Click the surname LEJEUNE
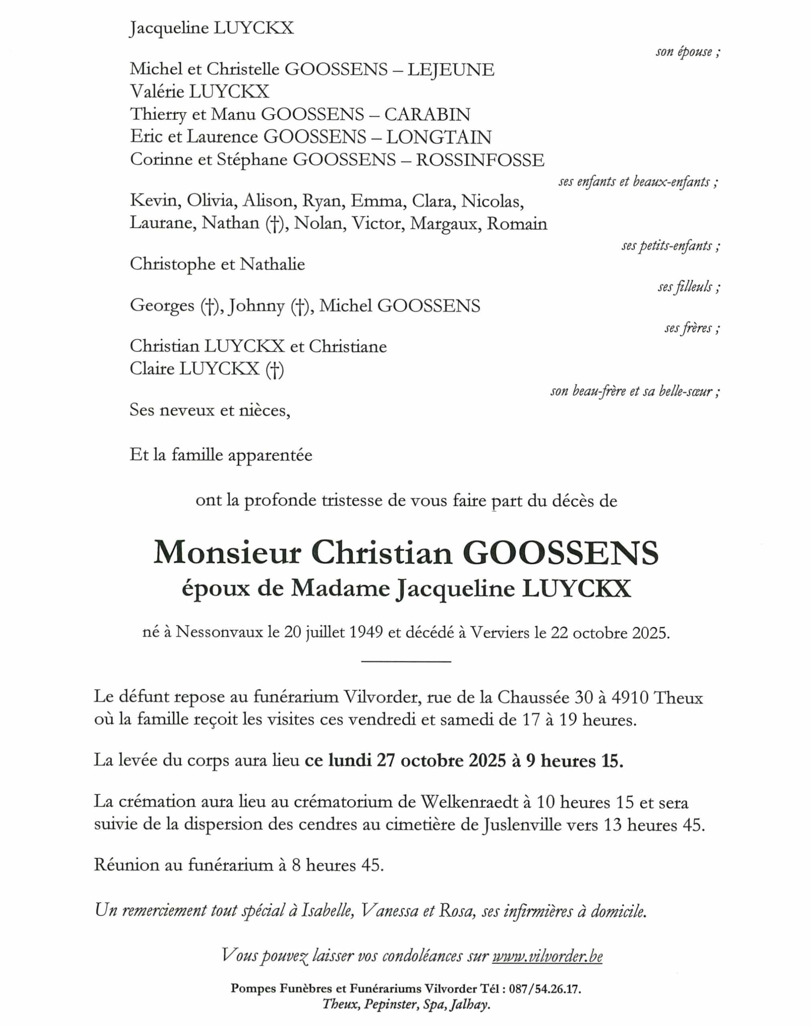point(451,70)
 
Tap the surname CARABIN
point(427,114)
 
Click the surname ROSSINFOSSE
point(480,160)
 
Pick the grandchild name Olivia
point(210,201)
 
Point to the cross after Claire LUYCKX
point(275,369)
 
